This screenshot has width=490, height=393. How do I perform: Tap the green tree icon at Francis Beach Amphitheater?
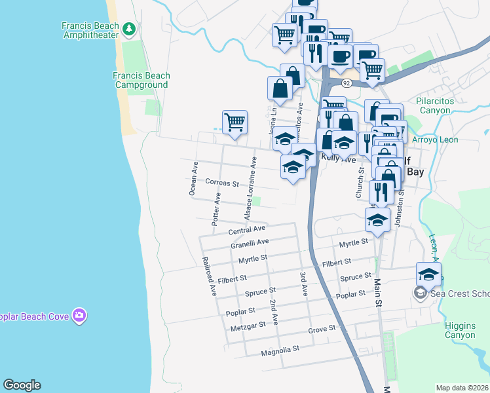(130, 29)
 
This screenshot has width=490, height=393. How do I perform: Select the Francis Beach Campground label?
(141, 80)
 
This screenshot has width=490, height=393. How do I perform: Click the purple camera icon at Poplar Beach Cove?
(79, 316)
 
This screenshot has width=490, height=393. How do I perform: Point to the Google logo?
(22, 385)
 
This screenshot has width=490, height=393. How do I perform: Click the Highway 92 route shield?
(347, 83)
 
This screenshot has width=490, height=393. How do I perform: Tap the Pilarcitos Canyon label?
(443, 105)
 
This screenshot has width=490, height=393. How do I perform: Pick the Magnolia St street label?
(280, 349)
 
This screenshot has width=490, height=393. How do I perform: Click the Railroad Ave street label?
(210, 276)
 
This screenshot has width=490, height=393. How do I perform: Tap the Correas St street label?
(221, 183)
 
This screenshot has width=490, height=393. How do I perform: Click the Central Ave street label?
(246, 230)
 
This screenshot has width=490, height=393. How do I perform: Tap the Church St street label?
(359, 182)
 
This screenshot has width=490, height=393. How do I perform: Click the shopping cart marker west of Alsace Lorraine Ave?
(235, 122)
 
